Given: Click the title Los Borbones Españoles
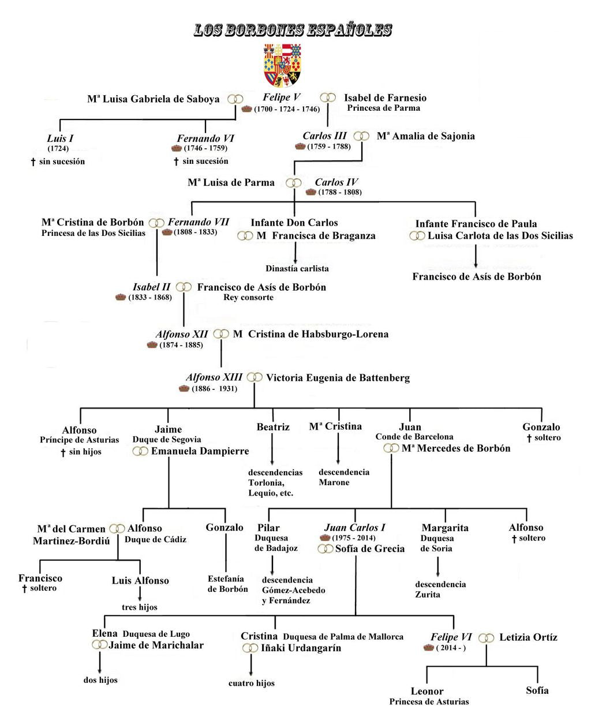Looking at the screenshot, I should [x=293, y=30].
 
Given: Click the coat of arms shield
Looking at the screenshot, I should [x=282, y=65].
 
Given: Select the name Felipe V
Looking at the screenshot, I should [x=282, y=97].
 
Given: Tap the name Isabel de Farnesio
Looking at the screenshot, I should [x=385, y=97].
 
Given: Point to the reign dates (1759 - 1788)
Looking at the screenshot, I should [x=329, y=147].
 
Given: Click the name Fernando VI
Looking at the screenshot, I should [x=205, y=138].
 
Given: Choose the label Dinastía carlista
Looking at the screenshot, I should [x=297, y=268].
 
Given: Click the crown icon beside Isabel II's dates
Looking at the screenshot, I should [x=120, y=298].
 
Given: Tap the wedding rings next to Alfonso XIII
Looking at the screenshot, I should [x=255, y=377].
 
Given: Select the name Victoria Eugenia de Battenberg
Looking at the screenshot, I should [x=338, y=378].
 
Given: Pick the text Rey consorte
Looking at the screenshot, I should [x=248, y=298].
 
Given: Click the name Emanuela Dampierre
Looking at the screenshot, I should [x=200, y=451].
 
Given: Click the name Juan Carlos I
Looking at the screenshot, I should [x=354, y=527].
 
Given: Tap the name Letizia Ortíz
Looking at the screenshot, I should [x=528, y=637].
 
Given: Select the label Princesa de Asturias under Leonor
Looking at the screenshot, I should [x=429, y=702].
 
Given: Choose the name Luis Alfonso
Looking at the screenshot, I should [x=140, y=580].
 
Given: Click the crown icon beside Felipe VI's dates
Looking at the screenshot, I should [x=428, y=648].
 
